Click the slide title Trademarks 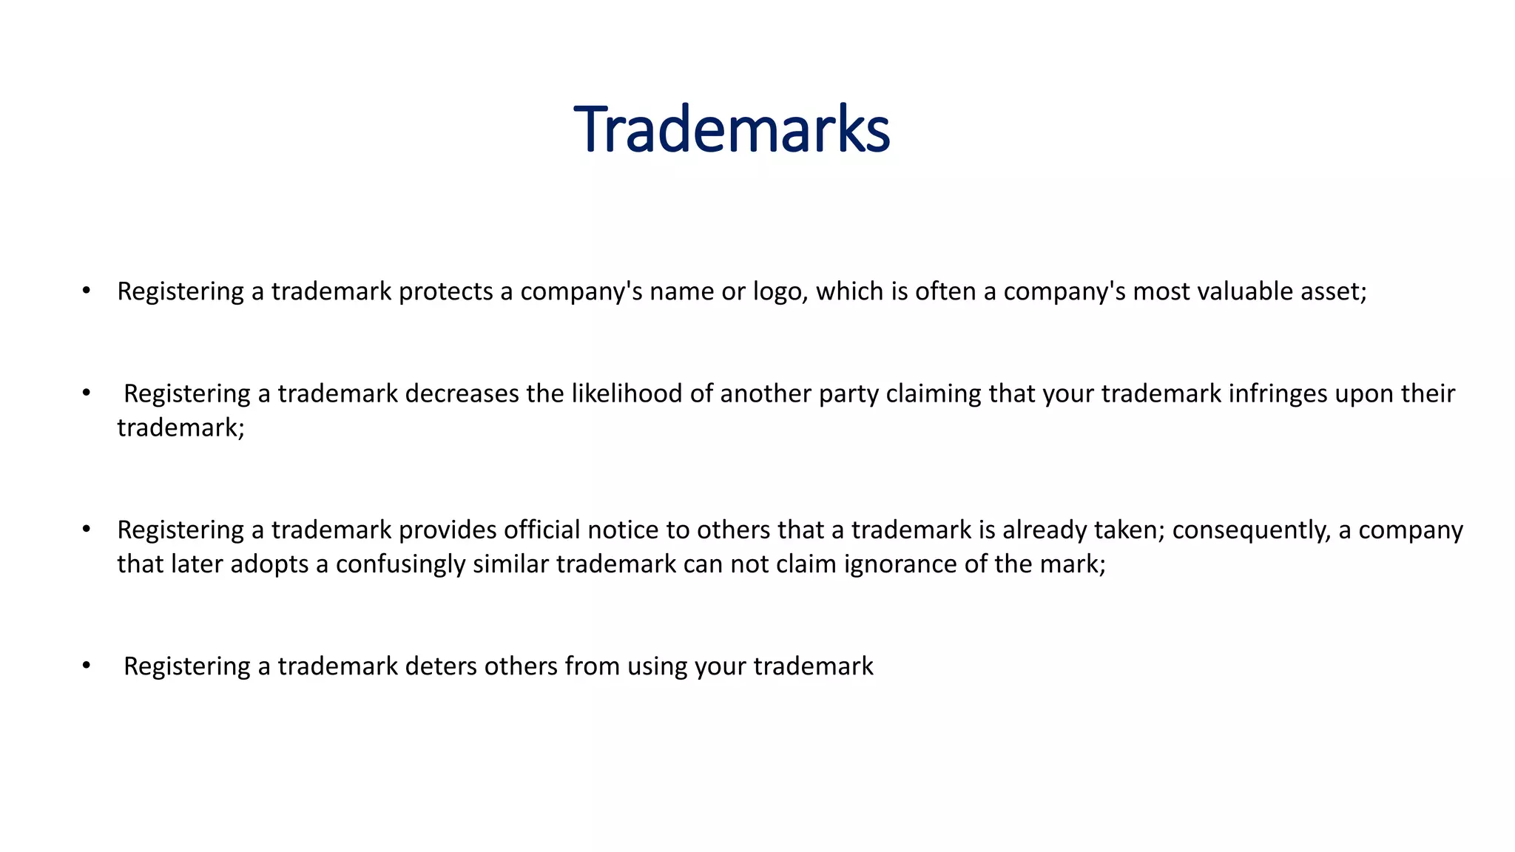pos(732,130)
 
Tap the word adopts pos(269,564)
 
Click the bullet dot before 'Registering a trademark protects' pos(87,291)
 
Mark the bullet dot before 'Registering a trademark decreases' pos(87,393)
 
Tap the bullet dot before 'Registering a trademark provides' pos(87,530)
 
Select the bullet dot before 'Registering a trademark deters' pos(87,666)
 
